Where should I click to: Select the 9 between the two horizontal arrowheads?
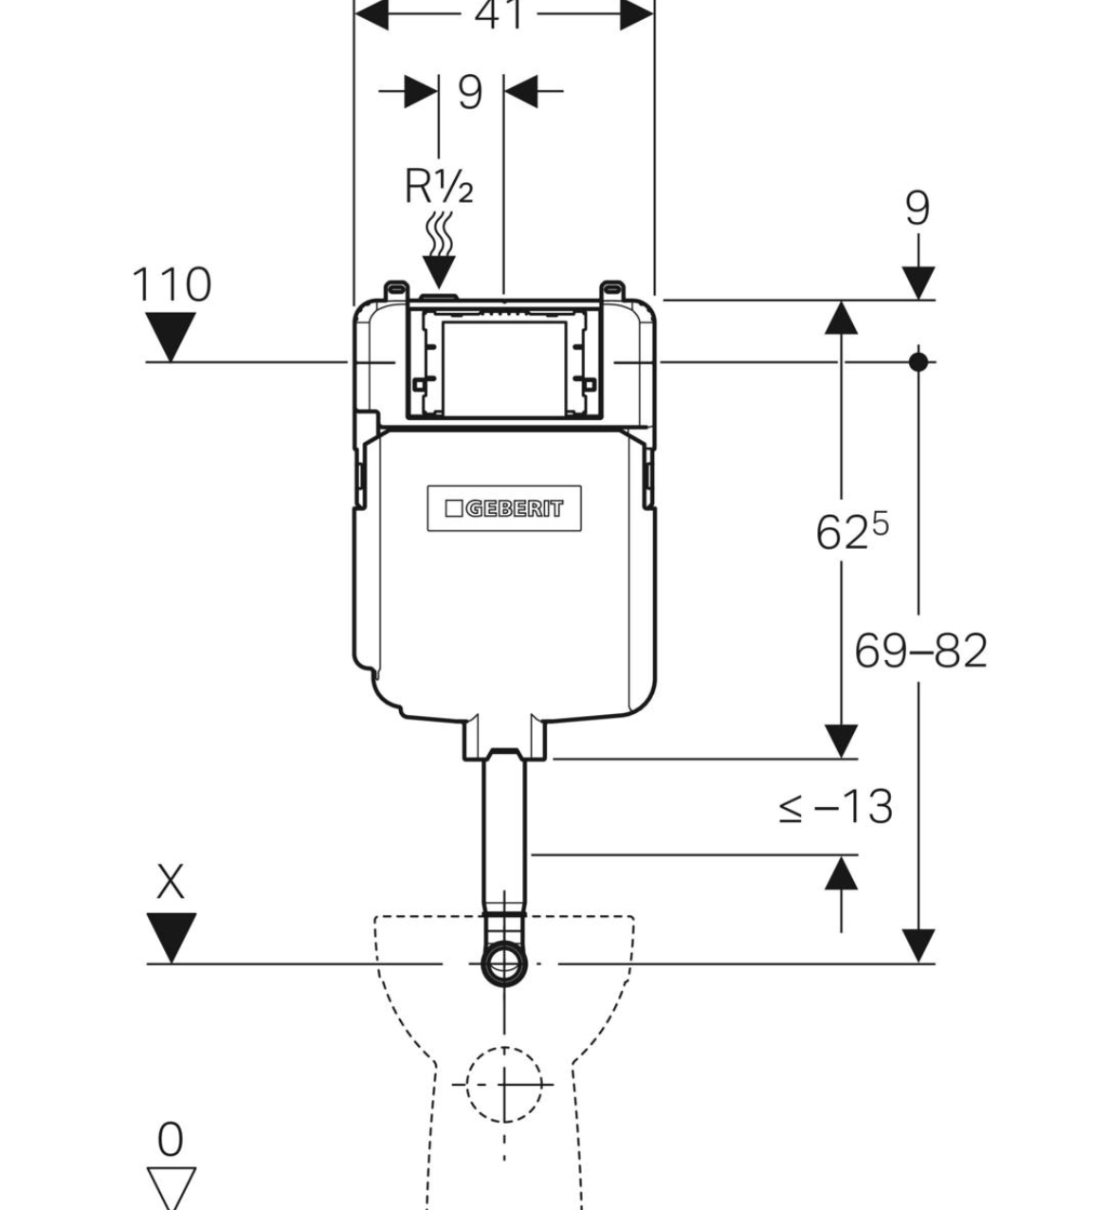point(470,92)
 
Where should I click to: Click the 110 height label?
point(171,284)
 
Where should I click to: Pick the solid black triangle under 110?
point(171,336)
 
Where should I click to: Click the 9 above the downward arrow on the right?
point(918,209)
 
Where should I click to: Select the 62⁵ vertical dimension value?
point(852,531)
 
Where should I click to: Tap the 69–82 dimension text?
point(920,651)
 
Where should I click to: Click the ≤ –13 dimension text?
point(835,807)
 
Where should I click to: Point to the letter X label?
point(171,882)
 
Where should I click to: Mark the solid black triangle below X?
point(171,937)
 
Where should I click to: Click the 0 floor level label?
point(171,1139)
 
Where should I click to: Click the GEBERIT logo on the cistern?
point(504,509)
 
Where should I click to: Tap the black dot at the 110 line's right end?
point(918,361)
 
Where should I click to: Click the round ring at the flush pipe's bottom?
point(504,963)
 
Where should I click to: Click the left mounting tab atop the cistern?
point(396,290)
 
